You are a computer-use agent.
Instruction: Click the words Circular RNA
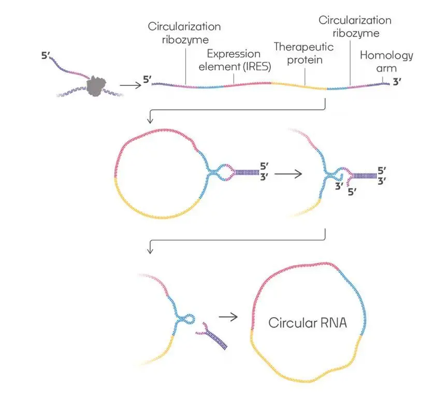click(307, 323)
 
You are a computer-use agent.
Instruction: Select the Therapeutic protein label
click(304, 53)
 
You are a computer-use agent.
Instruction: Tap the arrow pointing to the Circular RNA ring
click(228, 315)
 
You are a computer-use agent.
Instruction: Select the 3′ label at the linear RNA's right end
click(397, 81)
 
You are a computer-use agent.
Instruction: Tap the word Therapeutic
click(304, 47)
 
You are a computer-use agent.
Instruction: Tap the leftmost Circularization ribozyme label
click(184, 32)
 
